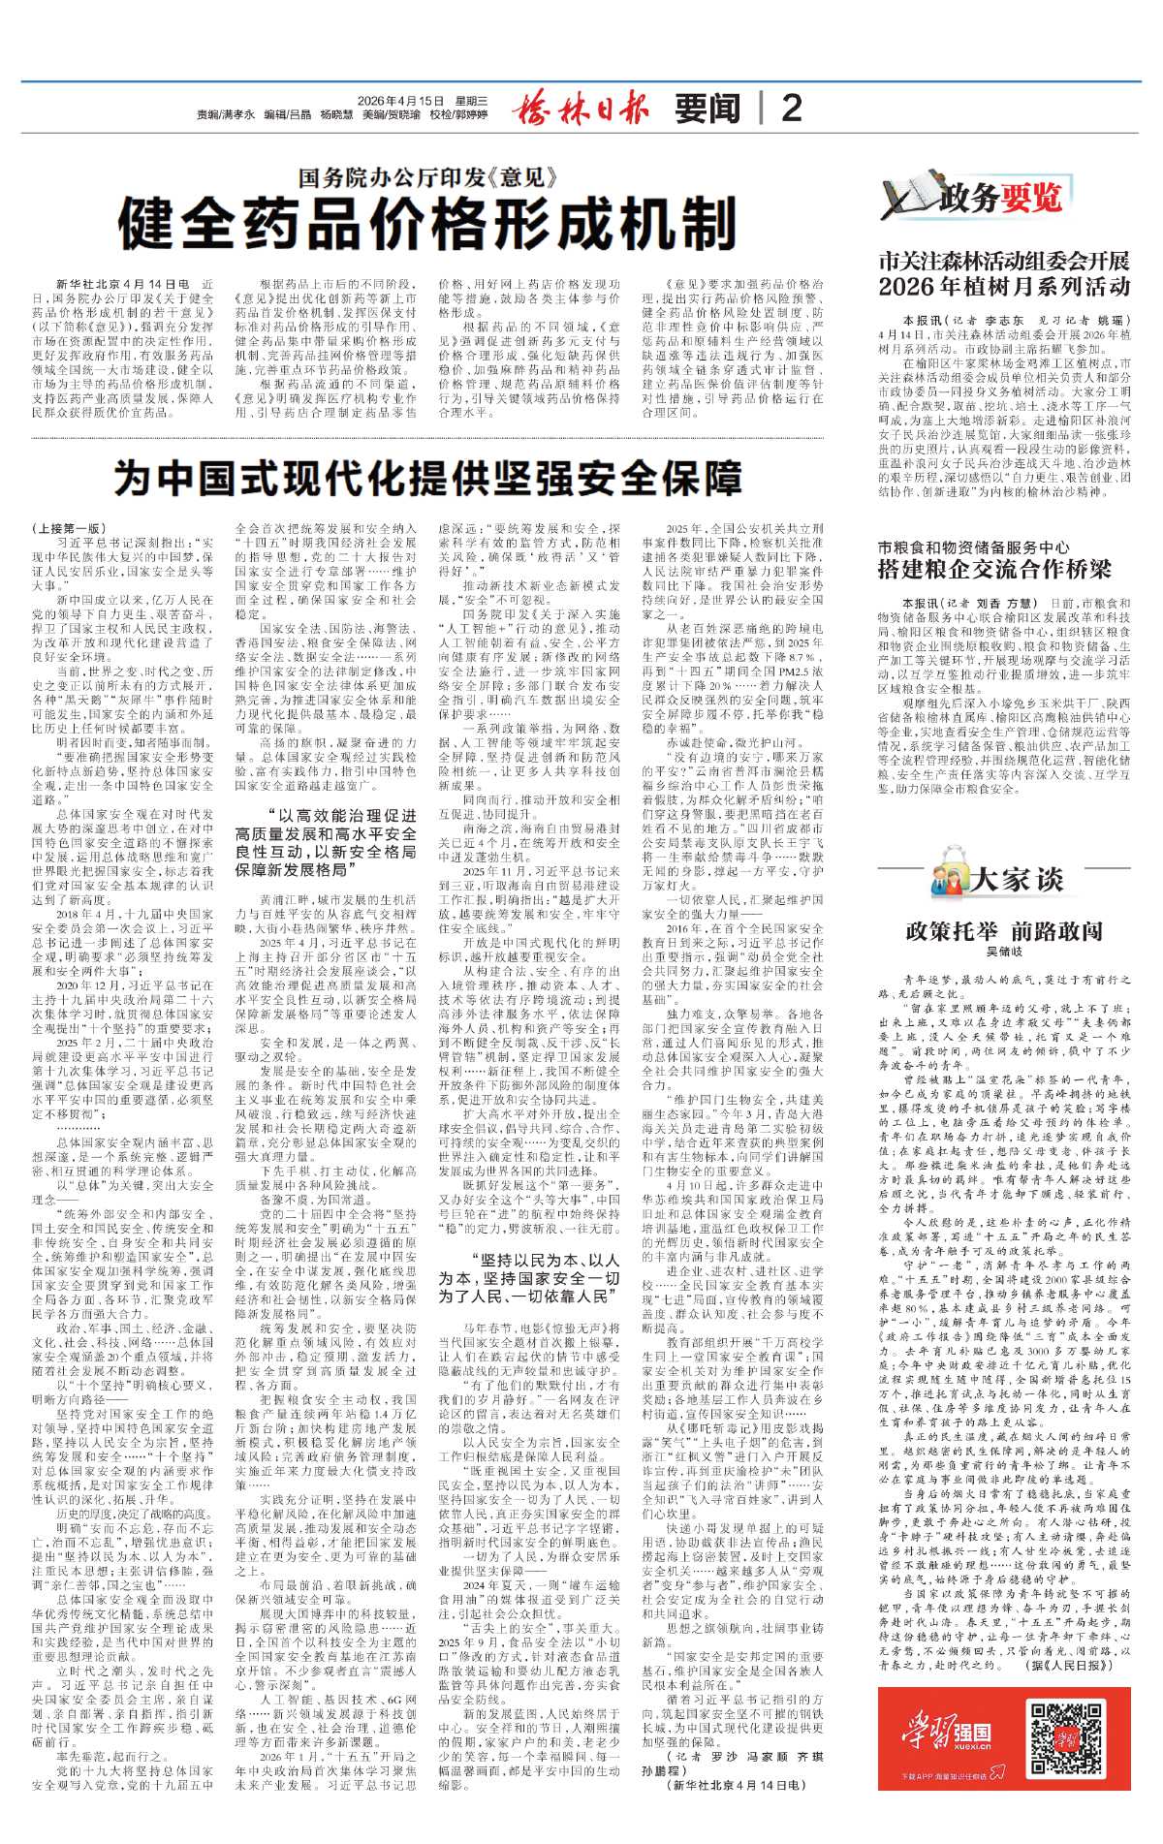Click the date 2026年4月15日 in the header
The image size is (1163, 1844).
click(400, 101)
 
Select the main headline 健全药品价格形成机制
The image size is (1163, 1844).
click(427, 225)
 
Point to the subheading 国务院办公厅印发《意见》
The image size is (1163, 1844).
click(427, 177)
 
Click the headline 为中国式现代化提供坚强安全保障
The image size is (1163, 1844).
click(427, 478)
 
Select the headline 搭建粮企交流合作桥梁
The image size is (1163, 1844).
click(994, 569)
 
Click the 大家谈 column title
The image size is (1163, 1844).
click(1018, 879)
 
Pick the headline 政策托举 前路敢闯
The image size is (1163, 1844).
click(1004, 931)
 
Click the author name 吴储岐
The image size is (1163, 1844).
click(1004, 953)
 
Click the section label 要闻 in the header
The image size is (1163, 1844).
click(707, 109)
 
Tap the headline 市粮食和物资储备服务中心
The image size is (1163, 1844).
click(973, 547)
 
